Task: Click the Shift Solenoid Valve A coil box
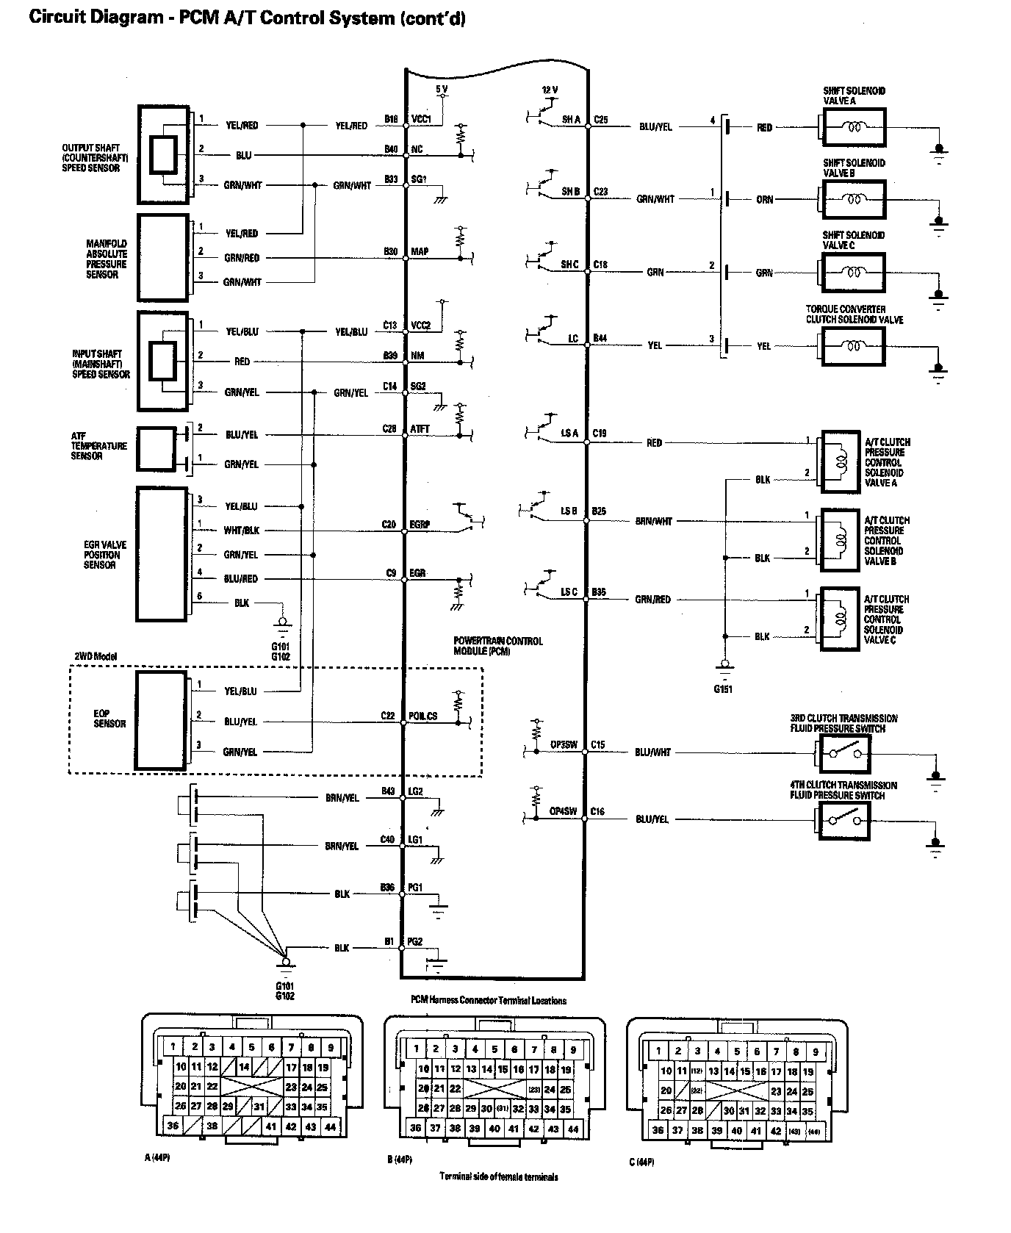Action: pos(853,128)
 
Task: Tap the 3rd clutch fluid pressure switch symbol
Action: pos(842,753)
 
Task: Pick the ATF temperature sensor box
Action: pos(156,448)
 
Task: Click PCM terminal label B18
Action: pos(391,118)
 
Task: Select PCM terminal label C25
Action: pos(601,119)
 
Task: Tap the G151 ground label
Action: pos(723,689)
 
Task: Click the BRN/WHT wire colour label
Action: pos(654,522)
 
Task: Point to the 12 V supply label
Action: pos(550,90)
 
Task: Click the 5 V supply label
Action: pos(442,89)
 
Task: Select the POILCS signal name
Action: pos(423,716)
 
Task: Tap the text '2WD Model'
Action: pos(95,656)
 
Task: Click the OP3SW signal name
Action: pos(564,745)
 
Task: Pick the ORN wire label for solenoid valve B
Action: pos(764,200)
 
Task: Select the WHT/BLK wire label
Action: pos(241,531)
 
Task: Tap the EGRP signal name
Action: pos(420,525)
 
